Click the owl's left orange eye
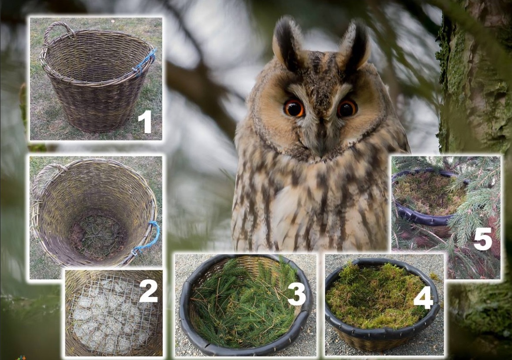(x=294, y=108)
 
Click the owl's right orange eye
(x=347, y=108)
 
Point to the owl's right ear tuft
(x=355, y=46)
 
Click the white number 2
(x=148, y=291)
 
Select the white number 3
(x=296, y=293)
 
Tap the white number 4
(x=423, y=297)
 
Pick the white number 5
(x=482, y=239)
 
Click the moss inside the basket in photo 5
(x=428, y=193)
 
